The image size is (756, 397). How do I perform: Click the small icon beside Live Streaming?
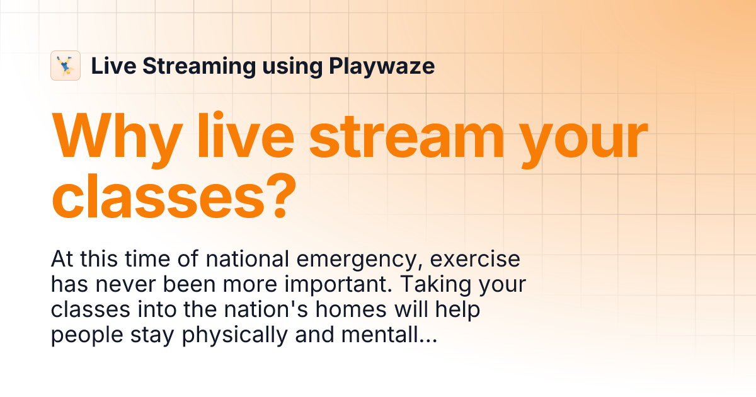tap(66, 66)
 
